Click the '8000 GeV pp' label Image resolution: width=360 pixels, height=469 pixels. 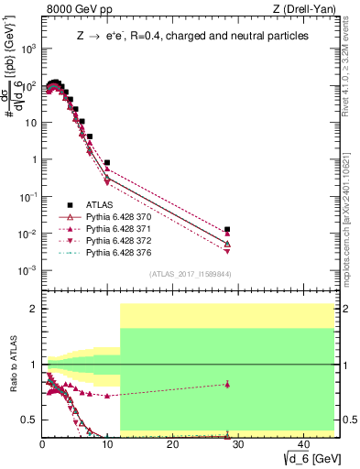76,9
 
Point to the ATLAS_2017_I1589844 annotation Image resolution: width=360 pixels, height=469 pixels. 190,273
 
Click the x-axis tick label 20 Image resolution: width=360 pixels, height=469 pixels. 172,444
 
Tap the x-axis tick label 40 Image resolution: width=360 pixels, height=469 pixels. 302,444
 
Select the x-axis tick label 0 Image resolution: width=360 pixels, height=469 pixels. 42,444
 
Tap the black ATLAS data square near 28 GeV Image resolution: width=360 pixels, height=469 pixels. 227,230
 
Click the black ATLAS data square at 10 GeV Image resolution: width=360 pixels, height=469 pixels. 107,163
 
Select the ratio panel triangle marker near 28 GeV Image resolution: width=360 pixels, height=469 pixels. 227,384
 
